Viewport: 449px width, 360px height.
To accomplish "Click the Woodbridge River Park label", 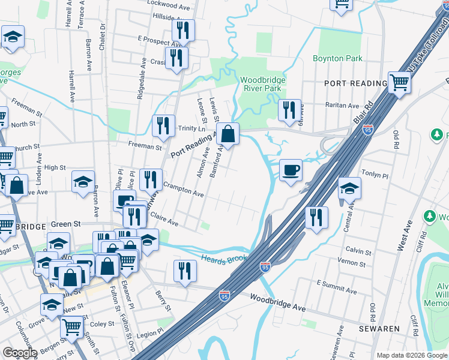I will tap(262, 84).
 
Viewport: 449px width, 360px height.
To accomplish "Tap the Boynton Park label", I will tap(337, 59).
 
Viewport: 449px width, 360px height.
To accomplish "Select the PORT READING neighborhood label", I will tap(355, 83).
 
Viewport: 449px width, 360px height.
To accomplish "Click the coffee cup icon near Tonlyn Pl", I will tap(291, 170).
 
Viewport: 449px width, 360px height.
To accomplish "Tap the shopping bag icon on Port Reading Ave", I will tap(228, 133).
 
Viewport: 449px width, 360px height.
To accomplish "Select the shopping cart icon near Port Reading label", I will tap(399, 83).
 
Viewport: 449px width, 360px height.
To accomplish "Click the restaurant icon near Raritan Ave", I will tap(290, 110).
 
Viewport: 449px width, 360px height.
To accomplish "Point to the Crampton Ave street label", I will tap(184, 190).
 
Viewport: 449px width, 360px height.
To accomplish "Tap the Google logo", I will tap(20, 353).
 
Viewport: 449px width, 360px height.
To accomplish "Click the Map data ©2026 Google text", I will tap(412, 355).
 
